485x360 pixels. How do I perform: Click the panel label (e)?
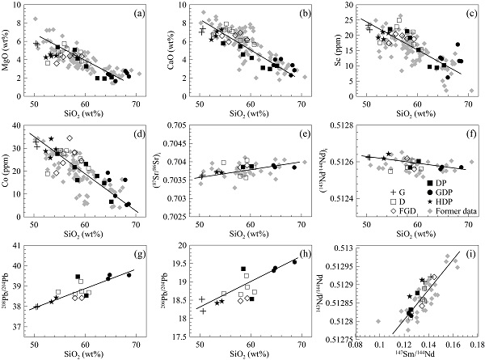(301, 133)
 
